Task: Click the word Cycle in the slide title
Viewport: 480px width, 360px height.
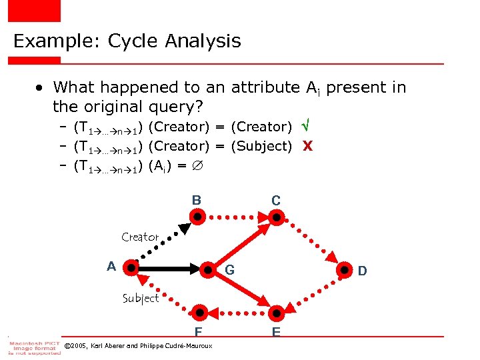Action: coord(134,41)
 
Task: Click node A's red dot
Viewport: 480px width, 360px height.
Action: coord(131,269)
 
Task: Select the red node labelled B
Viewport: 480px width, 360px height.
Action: coord(197,216)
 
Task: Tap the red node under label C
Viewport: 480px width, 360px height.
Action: coord(276,216)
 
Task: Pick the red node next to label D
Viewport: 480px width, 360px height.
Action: coord(345,270)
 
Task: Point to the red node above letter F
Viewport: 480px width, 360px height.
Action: coord(198,311)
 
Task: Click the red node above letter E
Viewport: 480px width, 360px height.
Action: coord(276,311)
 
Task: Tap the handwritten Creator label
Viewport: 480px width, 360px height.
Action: coord(140,237)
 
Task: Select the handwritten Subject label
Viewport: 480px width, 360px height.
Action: coord(141,298)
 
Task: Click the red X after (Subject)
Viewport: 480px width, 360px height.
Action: coord(307,146)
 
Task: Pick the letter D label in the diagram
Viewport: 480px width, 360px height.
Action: coord(362,271)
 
